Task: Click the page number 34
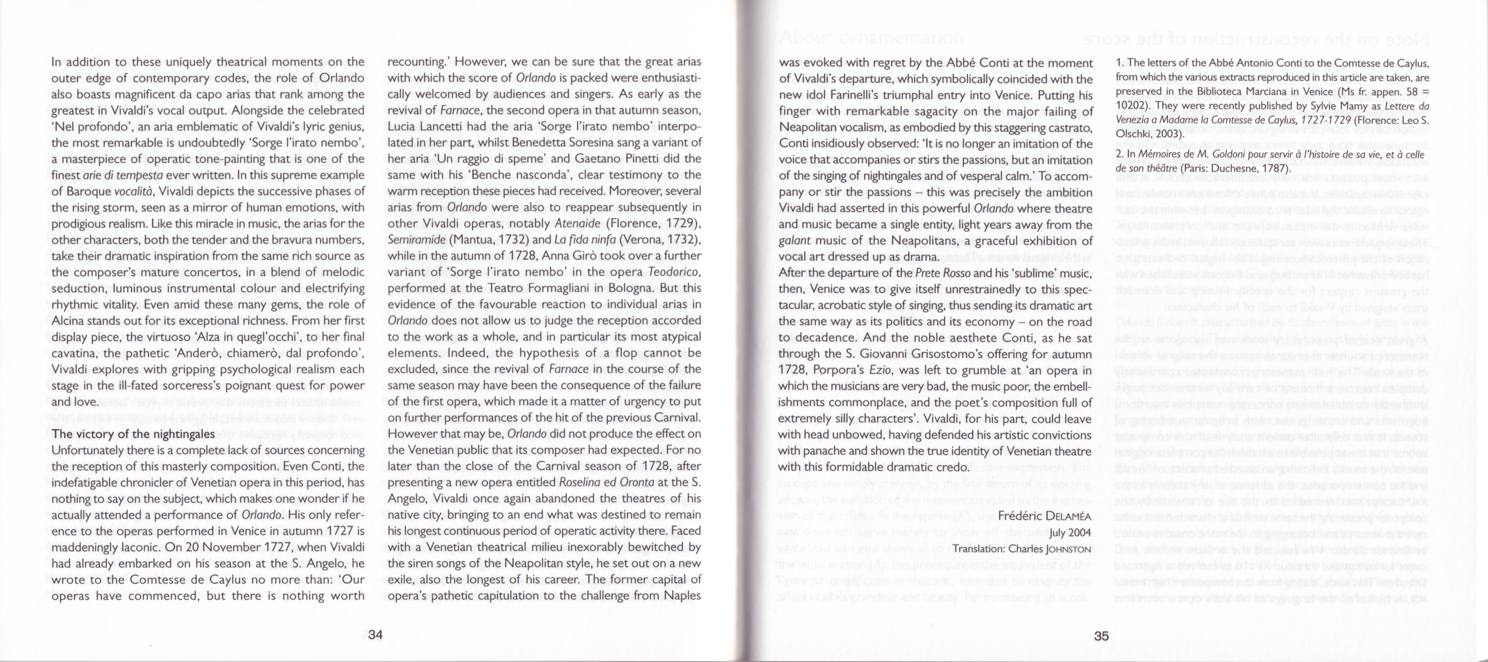[376, 635]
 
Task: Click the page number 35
[1101, 635]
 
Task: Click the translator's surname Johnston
[1068, 549]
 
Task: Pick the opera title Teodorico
[675, 272]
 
